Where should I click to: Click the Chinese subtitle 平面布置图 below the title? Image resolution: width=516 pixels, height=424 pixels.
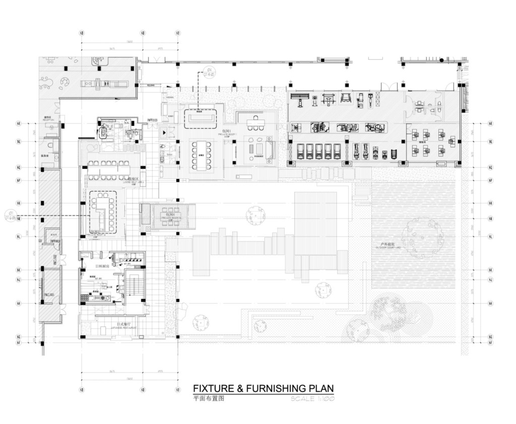(x=208, y=398)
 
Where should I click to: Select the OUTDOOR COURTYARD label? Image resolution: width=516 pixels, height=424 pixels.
(x=387, y=245)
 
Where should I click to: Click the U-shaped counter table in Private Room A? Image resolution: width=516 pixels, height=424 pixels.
(x=102, y=212)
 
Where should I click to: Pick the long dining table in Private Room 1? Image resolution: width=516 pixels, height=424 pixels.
(x=201, y=155)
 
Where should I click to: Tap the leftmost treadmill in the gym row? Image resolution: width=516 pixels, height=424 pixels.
(x=300, y=150)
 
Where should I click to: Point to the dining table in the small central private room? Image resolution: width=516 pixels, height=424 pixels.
(x=170, y=215)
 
